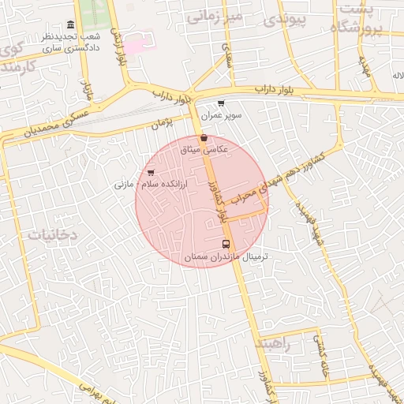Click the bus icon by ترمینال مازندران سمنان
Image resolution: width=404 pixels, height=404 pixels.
point(226,244)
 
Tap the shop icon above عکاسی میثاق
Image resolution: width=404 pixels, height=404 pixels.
point(204,137)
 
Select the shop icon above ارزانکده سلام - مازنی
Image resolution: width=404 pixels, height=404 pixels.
point(151,172)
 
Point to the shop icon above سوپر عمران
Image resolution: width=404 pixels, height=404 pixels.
point(220,103)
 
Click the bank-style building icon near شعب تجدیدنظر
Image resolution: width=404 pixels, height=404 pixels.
point(71,24)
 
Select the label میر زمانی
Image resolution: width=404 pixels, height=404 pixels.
point(212,15)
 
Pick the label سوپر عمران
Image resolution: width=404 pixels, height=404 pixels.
point(220,115)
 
